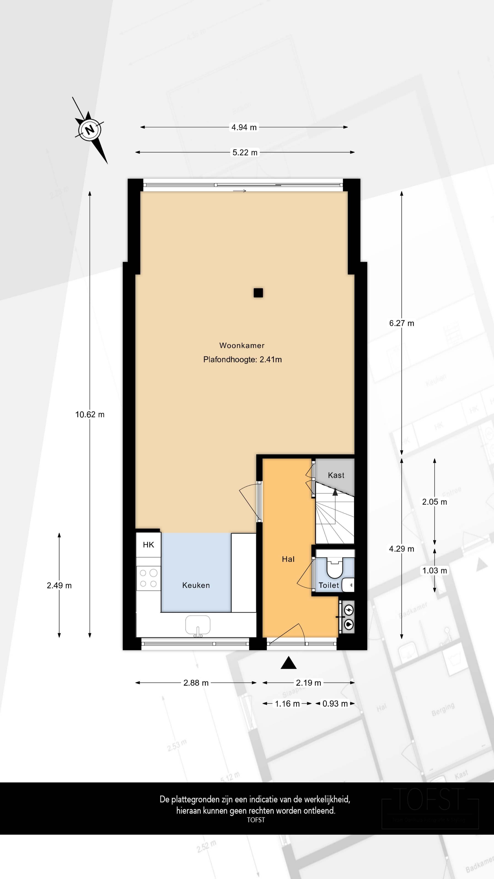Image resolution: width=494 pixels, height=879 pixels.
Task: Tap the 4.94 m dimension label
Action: [x=244, y=127]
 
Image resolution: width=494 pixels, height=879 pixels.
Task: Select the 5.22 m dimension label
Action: [x=245, y=152]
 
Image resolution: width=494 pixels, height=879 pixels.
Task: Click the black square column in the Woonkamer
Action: [x=258, y=293]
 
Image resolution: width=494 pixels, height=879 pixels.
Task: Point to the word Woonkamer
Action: [x=242, y=345]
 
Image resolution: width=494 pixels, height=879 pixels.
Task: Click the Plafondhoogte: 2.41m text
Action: [x=242, y=359]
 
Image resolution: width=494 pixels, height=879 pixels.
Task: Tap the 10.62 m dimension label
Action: [x=90, y=414]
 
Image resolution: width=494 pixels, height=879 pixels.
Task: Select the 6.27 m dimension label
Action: [x=401, y=323]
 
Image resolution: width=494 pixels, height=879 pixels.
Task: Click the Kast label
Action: [x=336, y=475]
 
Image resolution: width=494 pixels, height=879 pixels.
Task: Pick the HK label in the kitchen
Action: [x=148, y=545]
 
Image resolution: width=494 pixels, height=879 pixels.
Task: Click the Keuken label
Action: [x=196, y=585]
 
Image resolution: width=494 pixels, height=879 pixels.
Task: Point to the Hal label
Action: [x=288, y=559]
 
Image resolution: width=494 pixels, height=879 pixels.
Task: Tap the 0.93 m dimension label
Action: [x=335, y=704]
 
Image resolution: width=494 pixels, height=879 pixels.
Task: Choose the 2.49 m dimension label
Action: [x=59, y=586]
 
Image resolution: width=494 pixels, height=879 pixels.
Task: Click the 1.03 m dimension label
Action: [x=434, y=570]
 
